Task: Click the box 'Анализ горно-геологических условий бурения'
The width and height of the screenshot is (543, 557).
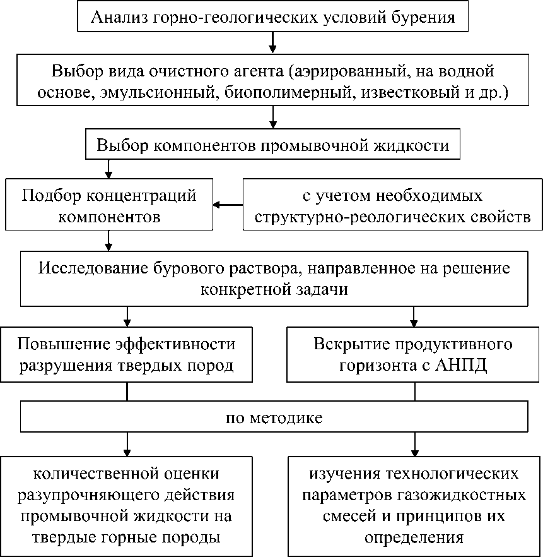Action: point(272,16)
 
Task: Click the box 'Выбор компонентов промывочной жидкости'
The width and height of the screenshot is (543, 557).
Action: point(272,145)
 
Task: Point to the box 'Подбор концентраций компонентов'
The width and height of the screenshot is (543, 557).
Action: point(109,205)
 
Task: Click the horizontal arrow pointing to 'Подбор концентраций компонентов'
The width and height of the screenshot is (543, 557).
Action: point(228,205)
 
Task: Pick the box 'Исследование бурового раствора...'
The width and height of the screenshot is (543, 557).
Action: point(273,278)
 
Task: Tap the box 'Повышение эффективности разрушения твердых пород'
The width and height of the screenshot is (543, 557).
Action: point(127,354)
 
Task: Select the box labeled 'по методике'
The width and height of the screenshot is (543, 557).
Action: point(273,417)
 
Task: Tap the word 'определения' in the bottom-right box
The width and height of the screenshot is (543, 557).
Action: point(414,538)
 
